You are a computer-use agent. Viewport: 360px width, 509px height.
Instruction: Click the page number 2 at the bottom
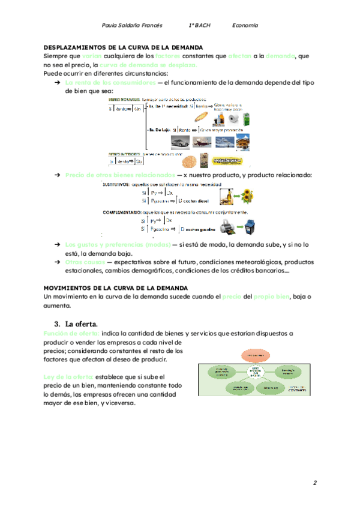pyautogui.click(x=314, y=483)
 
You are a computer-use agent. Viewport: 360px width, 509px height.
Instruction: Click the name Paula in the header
pyautogui.click(x=112, y=26)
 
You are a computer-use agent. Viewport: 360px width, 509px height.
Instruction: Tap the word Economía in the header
pyautogui.click(x=245, y=26)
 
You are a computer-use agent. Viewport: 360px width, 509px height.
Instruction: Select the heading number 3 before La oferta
pyautogui.click(x=56, y=323)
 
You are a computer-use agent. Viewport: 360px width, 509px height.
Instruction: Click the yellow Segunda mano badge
pyautogui.click(x=229, y=161)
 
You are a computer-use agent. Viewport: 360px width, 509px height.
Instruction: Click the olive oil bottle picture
pyautogui.click(x=226, y=196)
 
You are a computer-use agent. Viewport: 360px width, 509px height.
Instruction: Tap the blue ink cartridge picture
pyautogui.click(x=248, y=229)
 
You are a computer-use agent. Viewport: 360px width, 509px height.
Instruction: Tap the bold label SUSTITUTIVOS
pyautogui.click(x=120, y=184)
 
